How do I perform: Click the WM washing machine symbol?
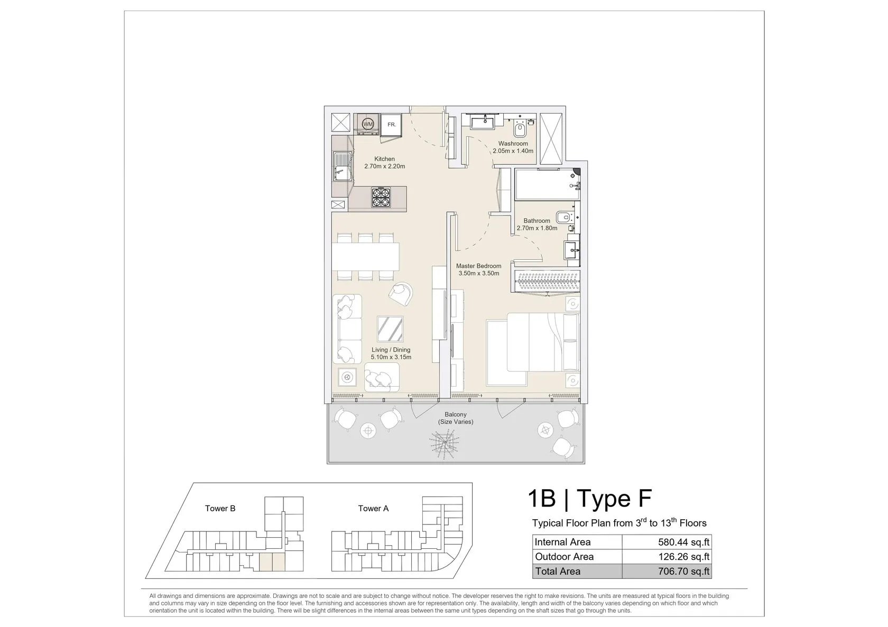(x=368, y=124)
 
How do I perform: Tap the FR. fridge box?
(x=391, y=124)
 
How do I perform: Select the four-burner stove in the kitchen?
(x=381, y=197)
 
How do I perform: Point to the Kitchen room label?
(x=385, y=159)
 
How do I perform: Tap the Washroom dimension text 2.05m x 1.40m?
(x=513, y=151)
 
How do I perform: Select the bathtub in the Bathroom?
(x=547, y=185)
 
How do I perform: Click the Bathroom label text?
(x=537, y=221)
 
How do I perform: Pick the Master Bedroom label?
(x=478, y=266)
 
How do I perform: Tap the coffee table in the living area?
(x=390, y=329)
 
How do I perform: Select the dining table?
(x=366, y=256)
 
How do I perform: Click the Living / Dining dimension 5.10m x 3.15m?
(x=391, y=357)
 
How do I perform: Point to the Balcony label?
(x=456, y=414)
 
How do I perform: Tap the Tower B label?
(x=220, y=508)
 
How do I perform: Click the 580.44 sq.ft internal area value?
(x=683, y=542)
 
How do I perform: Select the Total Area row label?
(x=558, y=571)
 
